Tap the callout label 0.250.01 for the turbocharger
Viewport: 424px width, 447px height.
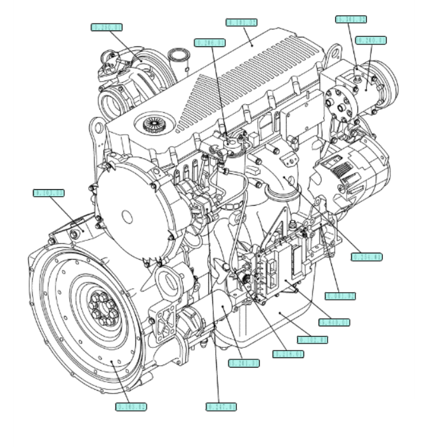pyautogui.click(x=107, y=27)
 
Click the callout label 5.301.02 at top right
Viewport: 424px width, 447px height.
pyautogui.click(x=351, y=20)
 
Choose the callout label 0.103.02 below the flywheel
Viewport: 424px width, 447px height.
pyautogui.click(x=131, y=406)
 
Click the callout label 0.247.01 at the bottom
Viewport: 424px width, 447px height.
pyautogui.click(x=221, y=406)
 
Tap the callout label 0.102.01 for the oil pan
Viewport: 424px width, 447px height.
pyautogui.click(x=311, y=340)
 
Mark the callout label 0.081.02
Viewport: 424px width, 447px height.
pyautogui.click(x=340, y=295)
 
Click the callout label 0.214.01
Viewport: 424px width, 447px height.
pyautogui.click(x=288, y=354)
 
